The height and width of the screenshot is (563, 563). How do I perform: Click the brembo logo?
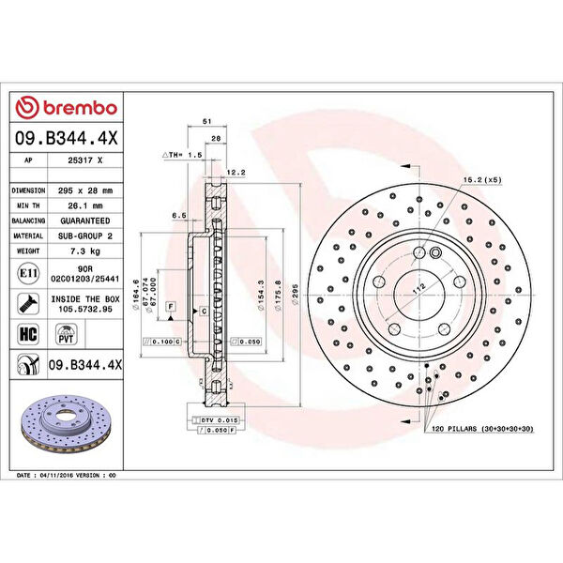pyautogui.click(x=68, y=109)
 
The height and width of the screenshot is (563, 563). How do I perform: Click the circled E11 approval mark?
pyautogui.click(x=28, y=273)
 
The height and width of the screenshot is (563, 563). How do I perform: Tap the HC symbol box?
pyautogui.click(x=28, y=333)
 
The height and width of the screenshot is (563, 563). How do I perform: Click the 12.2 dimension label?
pyautogui.click(x=236, y=172)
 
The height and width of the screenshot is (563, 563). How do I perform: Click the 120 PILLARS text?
pyautogui.click(x=454, y=428)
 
